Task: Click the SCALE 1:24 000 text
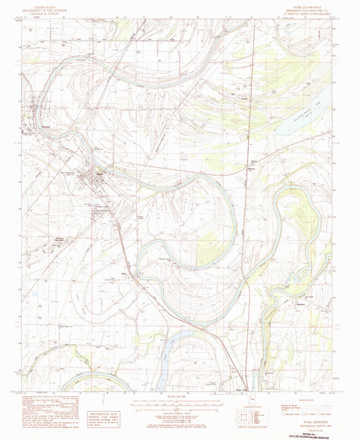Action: tap(180, 397)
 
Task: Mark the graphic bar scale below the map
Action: tap(180, 406)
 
